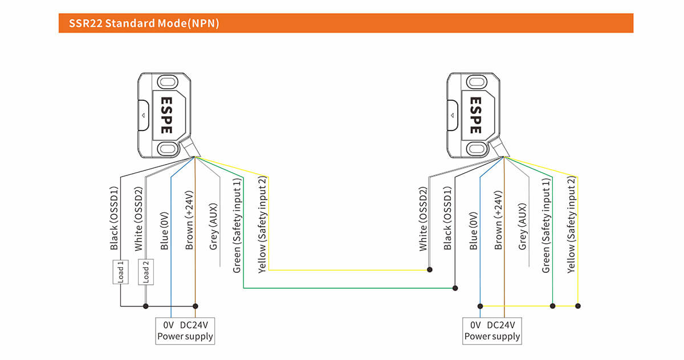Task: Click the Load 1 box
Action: pos(120,272)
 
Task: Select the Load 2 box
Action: pos(145,272)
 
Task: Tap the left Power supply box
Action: pos(185,330)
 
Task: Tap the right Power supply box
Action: pos(492,330)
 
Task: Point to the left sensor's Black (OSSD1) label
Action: pos(114,218)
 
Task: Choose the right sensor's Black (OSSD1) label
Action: pos(447,218)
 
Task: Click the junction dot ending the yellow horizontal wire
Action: pos(430,270)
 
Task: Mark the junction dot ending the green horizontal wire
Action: pos(455,288)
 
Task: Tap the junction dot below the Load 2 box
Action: pos(145,306)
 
